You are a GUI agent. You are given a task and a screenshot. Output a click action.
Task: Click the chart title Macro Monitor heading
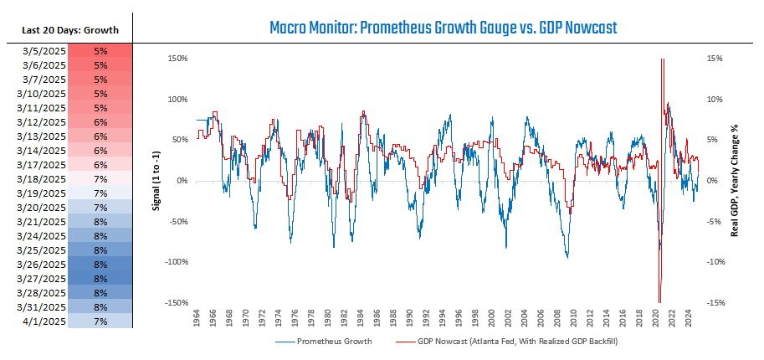(x=443, y=28)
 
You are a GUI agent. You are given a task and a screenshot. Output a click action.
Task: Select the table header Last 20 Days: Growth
(x=67, y=30)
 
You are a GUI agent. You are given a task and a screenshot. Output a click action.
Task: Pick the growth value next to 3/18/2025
(x=100, y=179)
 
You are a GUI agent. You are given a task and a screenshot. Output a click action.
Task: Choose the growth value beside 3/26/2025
(x=100, y=265)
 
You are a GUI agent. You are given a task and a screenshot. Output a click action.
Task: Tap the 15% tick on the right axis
(x=716, y=59)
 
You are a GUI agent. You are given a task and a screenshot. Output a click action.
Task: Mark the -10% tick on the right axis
(x=718, y=262)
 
